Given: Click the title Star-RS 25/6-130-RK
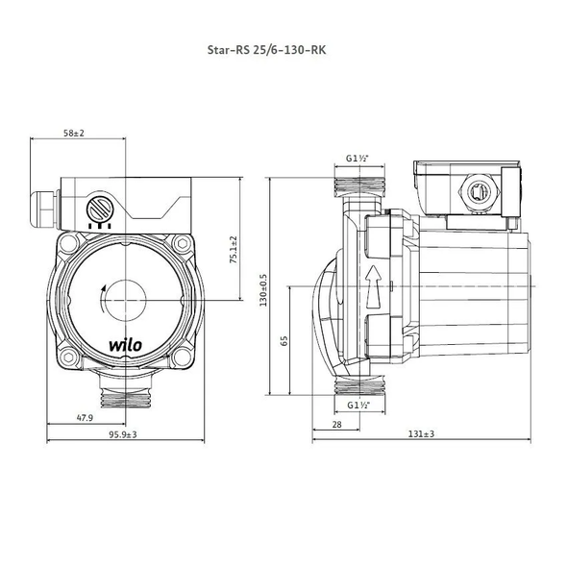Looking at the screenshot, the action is (x=266, y=50).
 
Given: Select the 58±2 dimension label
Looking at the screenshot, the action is (x=74, y=133).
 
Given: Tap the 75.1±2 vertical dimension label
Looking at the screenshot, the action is (x=234, y=250).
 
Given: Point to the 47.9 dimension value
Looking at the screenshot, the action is (x=85, y=418).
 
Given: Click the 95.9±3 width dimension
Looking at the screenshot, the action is (x=123, y=434).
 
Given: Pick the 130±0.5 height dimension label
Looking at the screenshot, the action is (x=263, y=290).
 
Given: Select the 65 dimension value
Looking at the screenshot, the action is (x=284, y=340).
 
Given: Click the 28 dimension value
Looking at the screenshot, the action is (x=336, y=424).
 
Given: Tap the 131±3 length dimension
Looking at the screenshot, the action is (x=421, y=433).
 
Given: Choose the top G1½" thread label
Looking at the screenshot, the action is (x=357, y=158).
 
